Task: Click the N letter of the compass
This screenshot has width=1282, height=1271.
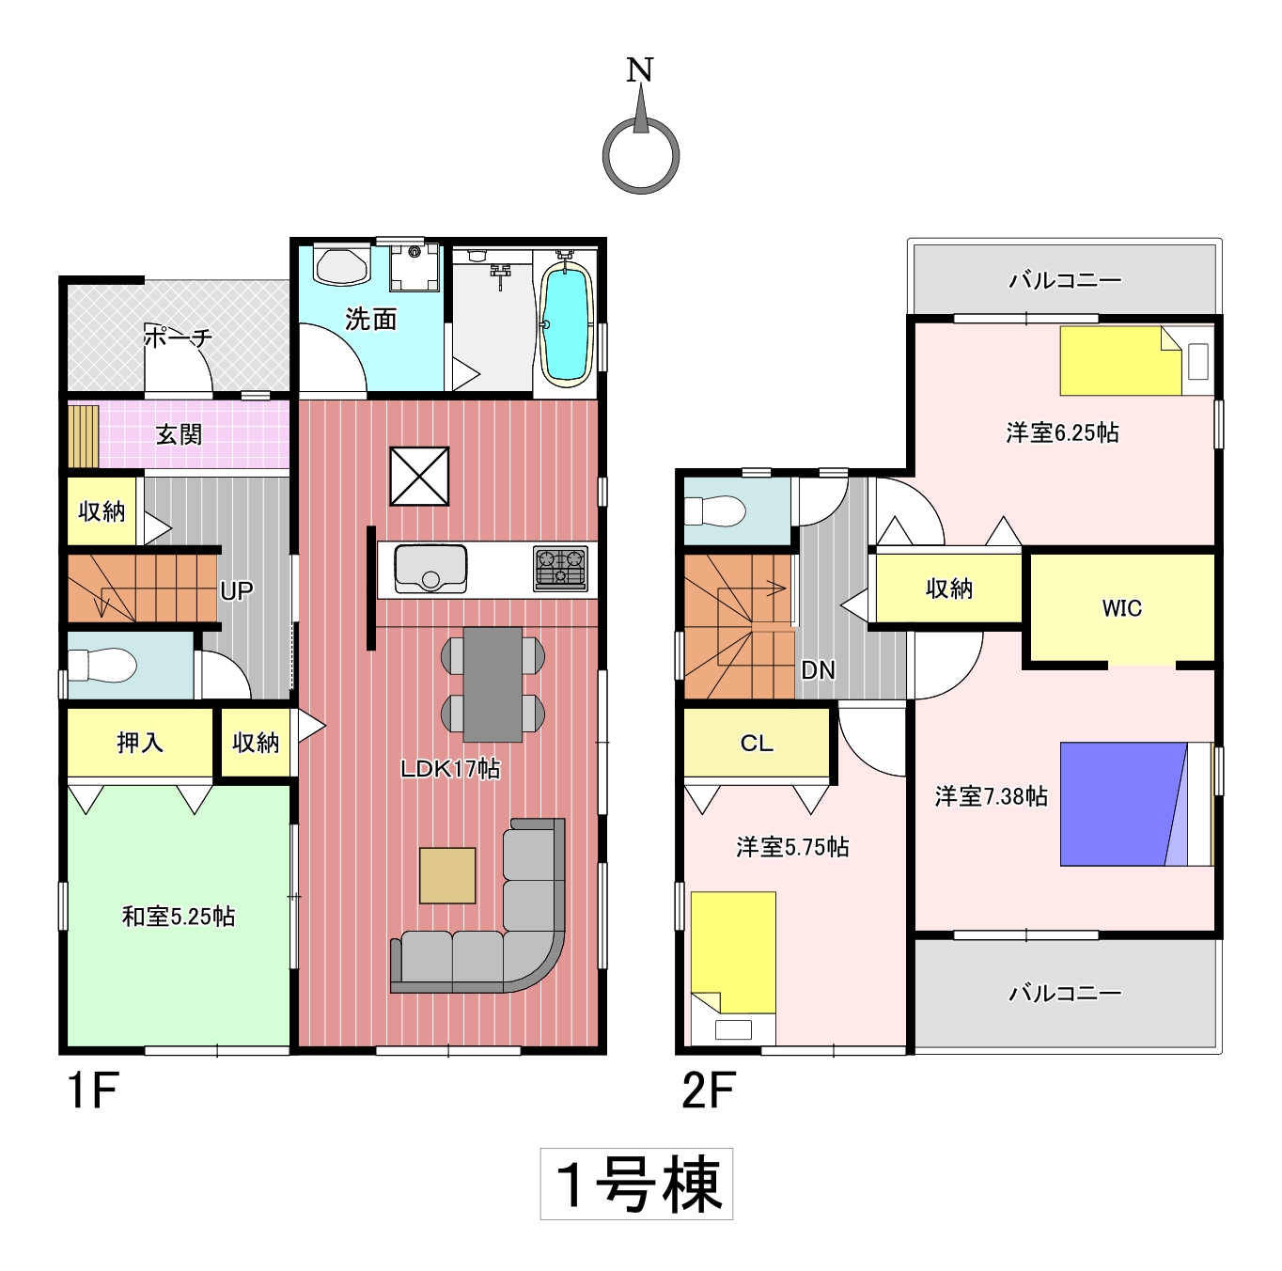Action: coord(639,70)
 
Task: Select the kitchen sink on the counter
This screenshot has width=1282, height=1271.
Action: coord(430,568)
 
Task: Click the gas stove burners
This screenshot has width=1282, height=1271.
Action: coord(560,568)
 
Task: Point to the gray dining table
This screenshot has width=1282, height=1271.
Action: coord(492,684)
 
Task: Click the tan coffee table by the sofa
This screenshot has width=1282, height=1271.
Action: coord(447,875)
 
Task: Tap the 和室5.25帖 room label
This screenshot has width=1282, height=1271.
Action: coord(179,917)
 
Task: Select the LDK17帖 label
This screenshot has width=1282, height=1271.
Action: coord(449,769)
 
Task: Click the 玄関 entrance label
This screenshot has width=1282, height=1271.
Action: coord(179,434)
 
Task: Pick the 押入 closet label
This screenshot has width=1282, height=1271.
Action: coord(140,742)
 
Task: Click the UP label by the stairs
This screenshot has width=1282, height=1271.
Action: coord(236,590)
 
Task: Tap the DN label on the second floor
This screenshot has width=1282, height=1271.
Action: coord(818,670)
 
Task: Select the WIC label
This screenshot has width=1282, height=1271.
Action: coord(1121,607)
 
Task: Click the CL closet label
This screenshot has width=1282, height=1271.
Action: coord(757,743)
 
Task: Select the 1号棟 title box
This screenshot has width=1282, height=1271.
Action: coord(636,1184)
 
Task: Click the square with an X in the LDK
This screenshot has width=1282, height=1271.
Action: coord(419,476)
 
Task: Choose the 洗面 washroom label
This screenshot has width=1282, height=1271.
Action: coord(370,319)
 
